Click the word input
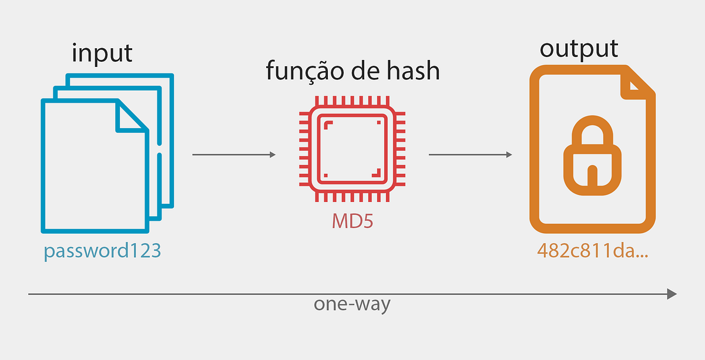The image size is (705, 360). tap(102, 53)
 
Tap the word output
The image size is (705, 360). tap(579, 49)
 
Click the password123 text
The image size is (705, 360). tap(102, 251)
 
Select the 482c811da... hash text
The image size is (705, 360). tap(592, 251)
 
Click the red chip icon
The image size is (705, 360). tap(351, 150)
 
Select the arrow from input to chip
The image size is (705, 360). tap(234, 155)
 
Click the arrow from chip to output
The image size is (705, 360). tap(470, 155)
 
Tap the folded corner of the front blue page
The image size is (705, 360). tap(130, 115)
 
